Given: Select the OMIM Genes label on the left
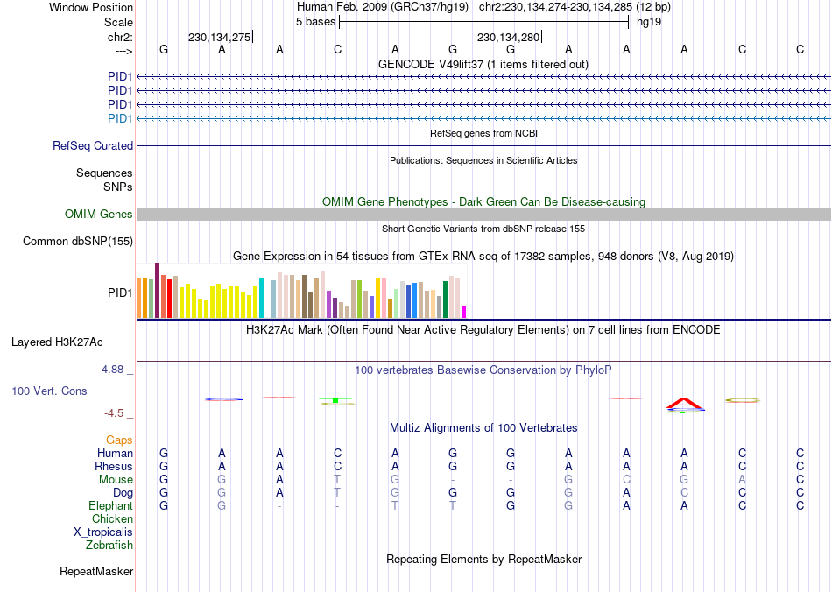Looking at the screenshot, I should [99, 215].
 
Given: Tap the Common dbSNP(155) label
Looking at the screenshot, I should [78, 241].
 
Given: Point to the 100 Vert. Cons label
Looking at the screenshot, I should [49, 391].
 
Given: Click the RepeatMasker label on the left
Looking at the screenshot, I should [96, 572].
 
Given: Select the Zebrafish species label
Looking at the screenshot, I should [109, 546].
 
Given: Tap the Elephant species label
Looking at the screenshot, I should [111, 506].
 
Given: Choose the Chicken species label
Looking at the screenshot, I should [113, 519].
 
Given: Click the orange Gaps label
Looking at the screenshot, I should [119, 440].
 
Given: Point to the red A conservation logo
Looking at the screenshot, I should [684, 404].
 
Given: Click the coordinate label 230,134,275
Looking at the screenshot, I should [219, 38].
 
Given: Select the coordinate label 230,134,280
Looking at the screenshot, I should [508, 38].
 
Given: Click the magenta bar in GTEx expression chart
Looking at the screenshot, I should [464, 311].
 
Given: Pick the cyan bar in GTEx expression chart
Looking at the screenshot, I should [261, 298].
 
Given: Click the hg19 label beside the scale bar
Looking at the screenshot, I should [649, 21].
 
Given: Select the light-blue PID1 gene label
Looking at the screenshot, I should [120, 118].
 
